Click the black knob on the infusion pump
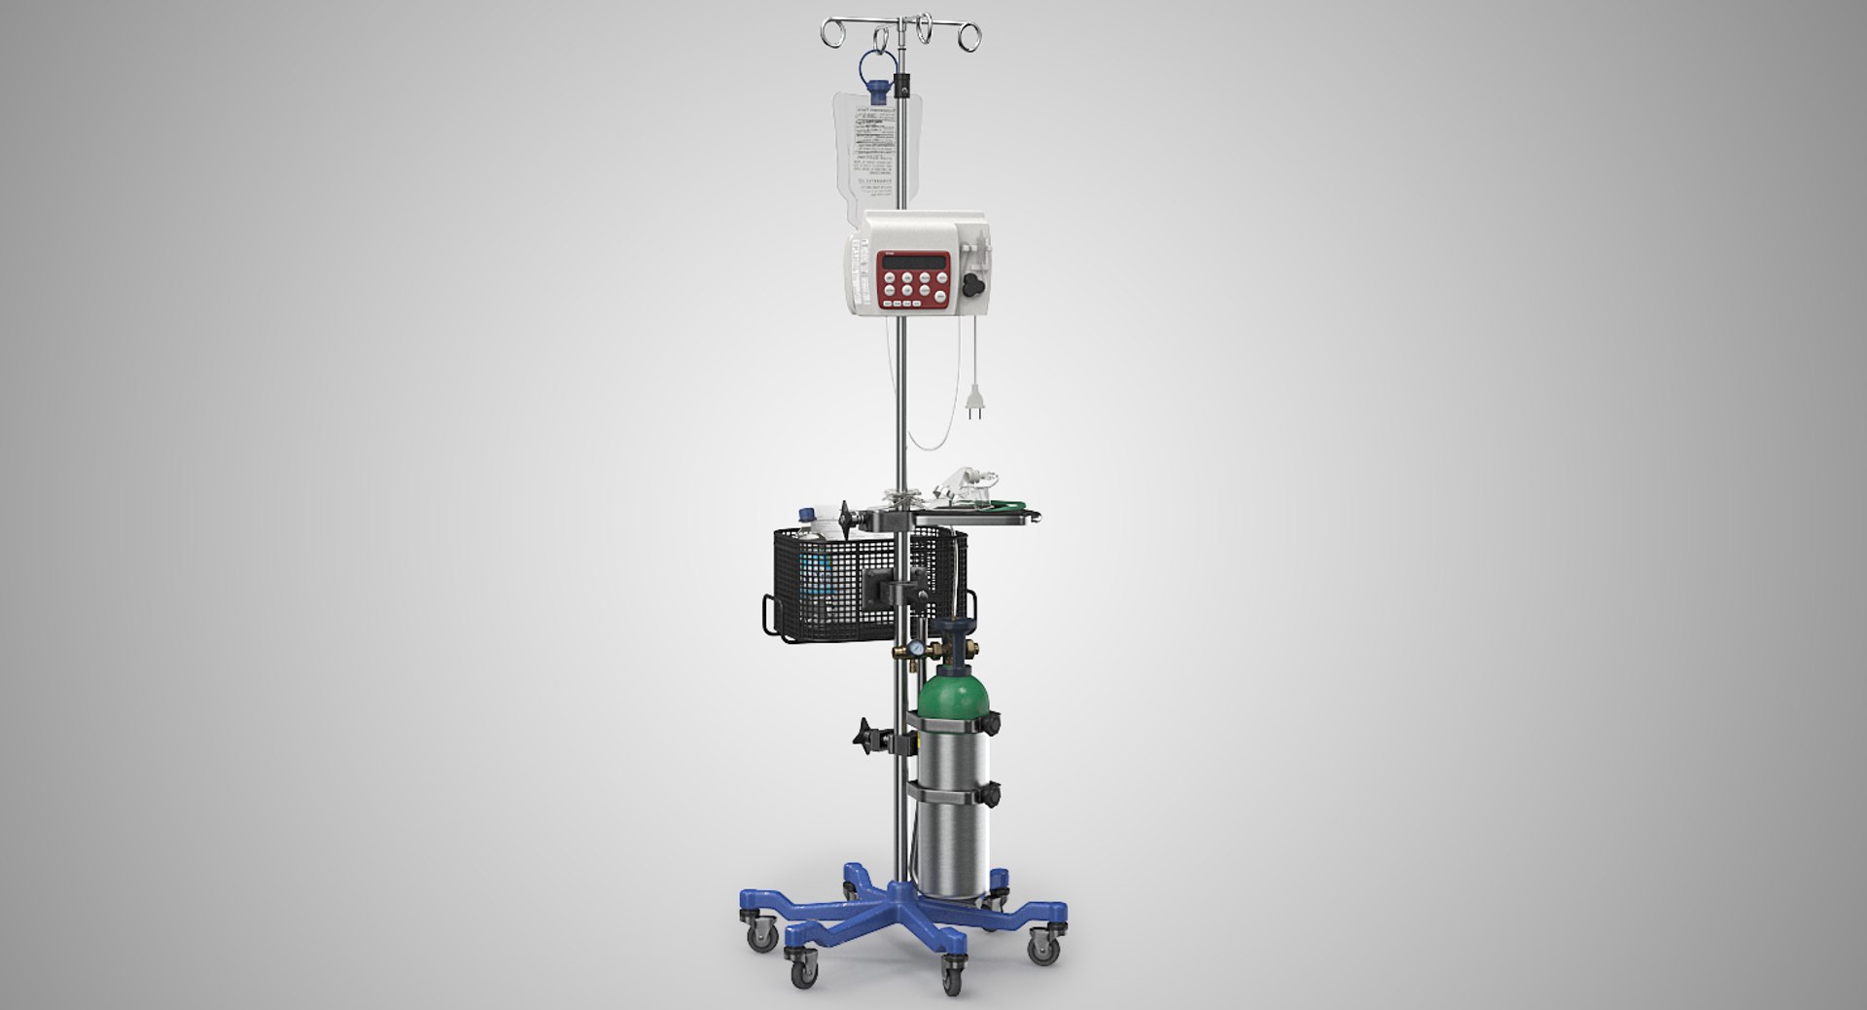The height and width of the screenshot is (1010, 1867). [x=971, y=284]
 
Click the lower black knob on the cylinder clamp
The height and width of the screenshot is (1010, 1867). [x=992, y=796]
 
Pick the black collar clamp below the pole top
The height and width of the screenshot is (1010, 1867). [x=906, y=88]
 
